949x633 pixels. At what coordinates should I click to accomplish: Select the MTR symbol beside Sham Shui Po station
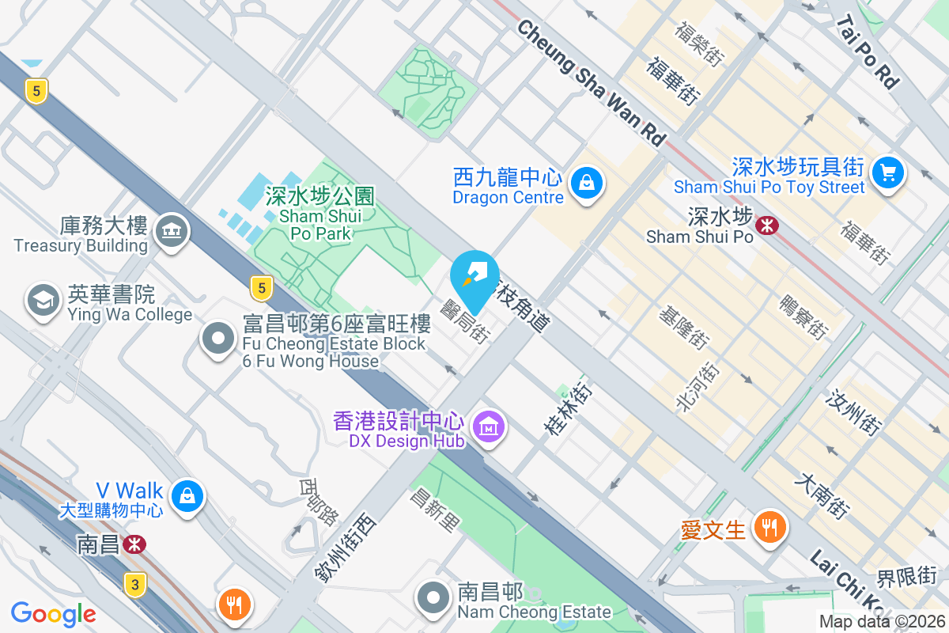[x=766, y=226]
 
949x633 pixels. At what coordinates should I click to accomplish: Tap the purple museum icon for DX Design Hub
[x=488, y=427]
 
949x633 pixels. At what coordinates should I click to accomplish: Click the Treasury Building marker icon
[x=170, y=230]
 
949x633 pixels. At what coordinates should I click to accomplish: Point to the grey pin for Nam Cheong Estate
[x=433, y=597]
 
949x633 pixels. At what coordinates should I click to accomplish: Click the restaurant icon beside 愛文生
[x=768, y=526]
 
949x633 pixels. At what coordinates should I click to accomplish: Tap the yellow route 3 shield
[x=135, y=585]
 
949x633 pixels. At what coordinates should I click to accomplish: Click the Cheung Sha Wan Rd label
[x=592, y=83]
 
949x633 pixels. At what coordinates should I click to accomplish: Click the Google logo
[x=54, y=613]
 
